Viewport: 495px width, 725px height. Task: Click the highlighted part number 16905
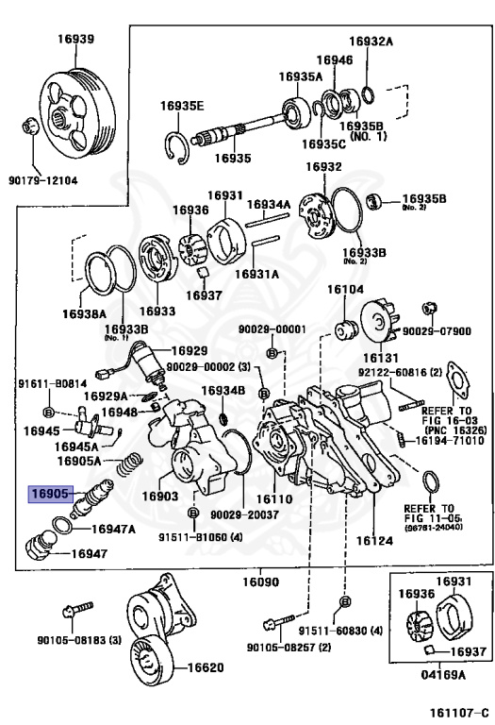click(x=51, y=494)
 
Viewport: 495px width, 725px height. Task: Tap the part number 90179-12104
click(x=43, y=180)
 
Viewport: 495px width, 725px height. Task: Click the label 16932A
click(x=371, y=42)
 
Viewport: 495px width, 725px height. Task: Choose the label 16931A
click(x=256, y=274)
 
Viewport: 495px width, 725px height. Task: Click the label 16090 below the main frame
click(x=261, y=582)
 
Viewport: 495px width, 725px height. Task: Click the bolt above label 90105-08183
click(x=77, y=611)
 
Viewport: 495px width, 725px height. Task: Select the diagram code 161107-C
click(x=458, y=712)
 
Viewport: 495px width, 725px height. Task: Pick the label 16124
click(x=374, y=541)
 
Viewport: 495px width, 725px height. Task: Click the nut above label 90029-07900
click(x=430, y=309)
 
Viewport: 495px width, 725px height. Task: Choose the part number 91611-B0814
click(x=52, y=383)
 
